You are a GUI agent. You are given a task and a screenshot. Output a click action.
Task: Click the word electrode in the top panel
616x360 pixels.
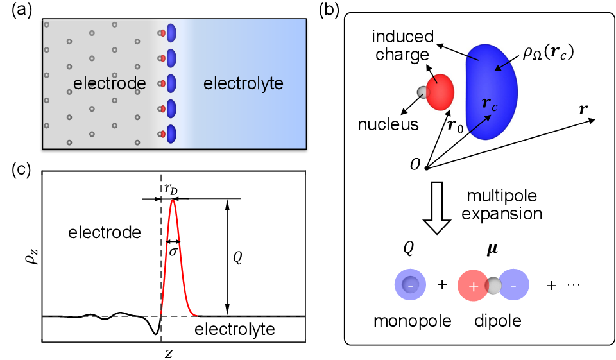pyautogui.click(x=109, y=83)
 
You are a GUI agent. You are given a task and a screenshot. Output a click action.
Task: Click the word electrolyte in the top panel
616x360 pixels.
pyautogui.click(x=243, y=83)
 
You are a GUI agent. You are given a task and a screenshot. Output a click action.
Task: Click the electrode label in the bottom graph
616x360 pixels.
pyautogui.click(x=105, y=232)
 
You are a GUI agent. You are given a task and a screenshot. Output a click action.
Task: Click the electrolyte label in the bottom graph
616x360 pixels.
pyautogui.click(x=234, y=329)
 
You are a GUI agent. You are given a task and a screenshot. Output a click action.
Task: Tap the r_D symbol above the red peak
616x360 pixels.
pyautogui.click(x=171, y=189)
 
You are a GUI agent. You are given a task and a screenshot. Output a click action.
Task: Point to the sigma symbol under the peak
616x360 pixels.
pyautogui.click(x=173, y=251)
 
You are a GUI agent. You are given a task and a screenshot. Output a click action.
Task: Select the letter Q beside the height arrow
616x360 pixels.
pyautogui.click(x=237, y=257)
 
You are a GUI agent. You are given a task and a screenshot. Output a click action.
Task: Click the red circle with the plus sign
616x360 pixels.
pyautogui.click(x=473, y=286)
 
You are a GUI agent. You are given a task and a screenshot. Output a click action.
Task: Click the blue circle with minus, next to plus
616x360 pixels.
pyautogui.click(x=514, y=285)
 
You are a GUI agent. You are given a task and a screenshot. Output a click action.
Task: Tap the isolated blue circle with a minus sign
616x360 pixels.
pyautogui.click(x=411, y=285)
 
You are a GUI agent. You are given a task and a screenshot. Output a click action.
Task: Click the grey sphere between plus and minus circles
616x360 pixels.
pyautogui.click(x=493, y=286)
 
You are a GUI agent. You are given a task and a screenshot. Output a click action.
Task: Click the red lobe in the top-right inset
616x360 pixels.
pyautogui.click(x=440, y=92)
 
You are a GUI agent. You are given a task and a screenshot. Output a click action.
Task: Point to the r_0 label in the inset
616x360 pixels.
pyautogui.click(x=455, y=126)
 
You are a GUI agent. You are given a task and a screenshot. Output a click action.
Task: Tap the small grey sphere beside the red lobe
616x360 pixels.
pyautogui.click(x=422, y=92)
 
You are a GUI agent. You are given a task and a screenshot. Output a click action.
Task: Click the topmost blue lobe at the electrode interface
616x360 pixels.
pyautogui.click(x=171, y=33)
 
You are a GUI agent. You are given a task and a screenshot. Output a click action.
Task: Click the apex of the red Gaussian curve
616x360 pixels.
pyautogui.click(x=172, y=200)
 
